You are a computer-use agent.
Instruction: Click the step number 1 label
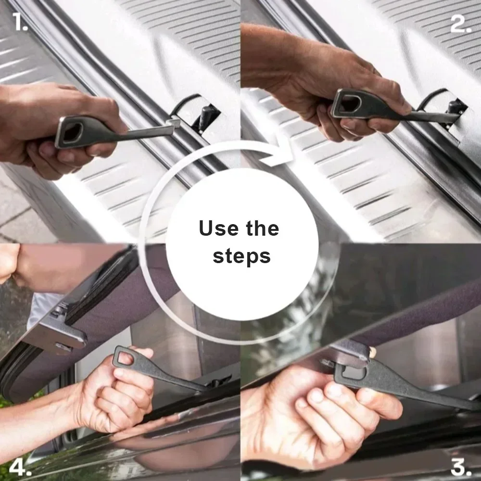click(x=20, y=22)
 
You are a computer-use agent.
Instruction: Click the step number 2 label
click(x=461, y=23)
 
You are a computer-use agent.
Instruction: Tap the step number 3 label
click(x=461, y=467)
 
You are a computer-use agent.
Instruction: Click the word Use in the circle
click(x=218, y=228)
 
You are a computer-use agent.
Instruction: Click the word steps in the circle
click(x=242, y=256)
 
